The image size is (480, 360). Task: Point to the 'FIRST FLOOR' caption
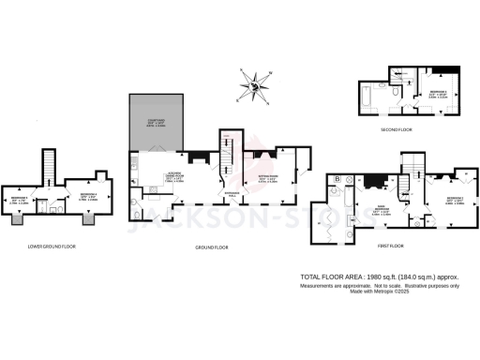click(x=391, y=245)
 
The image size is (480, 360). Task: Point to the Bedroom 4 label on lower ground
click(x=87, y=196)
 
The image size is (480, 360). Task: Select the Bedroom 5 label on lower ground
click(x=20, y=199)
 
